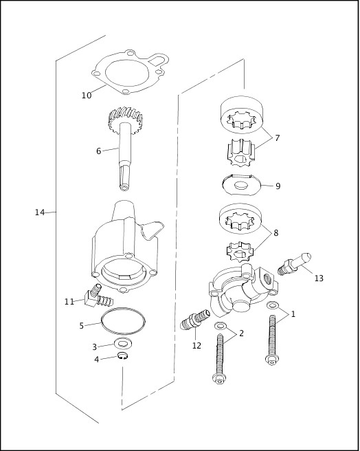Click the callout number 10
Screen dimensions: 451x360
pos(87,96)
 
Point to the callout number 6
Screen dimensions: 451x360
pos(98,151)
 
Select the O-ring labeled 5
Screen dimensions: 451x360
pos(124,320)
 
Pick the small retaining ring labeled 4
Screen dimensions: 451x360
pos(123,355)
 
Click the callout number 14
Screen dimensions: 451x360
pos(40,212)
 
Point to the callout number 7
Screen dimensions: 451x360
pos(277,138)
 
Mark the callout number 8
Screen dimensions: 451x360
pos(275,233)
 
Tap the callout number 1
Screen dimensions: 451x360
pos(293,314)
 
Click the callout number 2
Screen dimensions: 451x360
pos(240,333)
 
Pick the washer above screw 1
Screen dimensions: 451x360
pos(273,305)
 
